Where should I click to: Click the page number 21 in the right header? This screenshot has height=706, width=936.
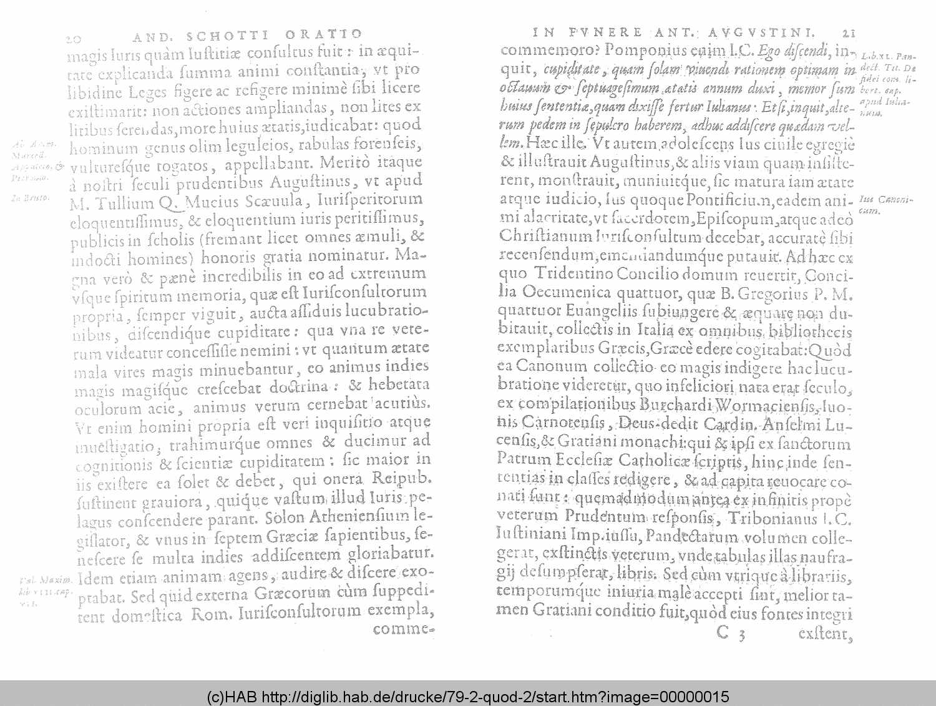[848, 33]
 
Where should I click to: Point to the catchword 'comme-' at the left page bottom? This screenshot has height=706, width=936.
[402, 629]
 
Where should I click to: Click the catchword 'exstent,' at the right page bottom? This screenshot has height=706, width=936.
[825, 634]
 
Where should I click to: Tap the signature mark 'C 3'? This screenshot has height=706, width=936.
[731, 634]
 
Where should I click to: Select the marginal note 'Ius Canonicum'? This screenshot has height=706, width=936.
[885, 205]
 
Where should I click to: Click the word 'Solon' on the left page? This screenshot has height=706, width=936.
[285, 518]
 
